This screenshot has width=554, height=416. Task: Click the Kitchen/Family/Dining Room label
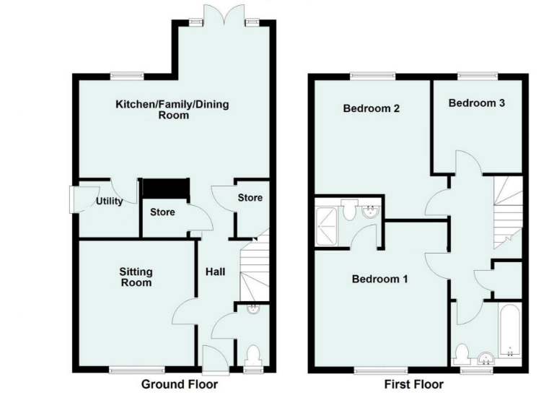(x=172, y=110)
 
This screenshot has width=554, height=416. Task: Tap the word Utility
(x=110, y=201)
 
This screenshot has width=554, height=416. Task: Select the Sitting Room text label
(x=136, y=277)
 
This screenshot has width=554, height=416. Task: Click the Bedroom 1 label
(x=380, y=279)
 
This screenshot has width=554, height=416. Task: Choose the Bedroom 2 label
(x=371, y=109)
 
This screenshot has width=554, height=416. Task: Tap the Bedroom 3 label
(x=476, y=103)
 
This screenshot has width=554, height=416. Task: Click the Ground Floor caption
(x=179, y=384)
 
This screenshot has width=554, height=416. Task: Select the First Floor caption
(x=413, y=384)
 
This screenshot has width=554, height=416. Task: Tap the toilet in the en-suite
(x=349, y=210)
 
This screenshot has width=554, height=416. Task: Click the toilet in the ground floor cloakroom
(x=252, y=356)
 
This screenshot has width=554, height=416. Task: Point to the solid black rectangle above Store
(x=165, y=188)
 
